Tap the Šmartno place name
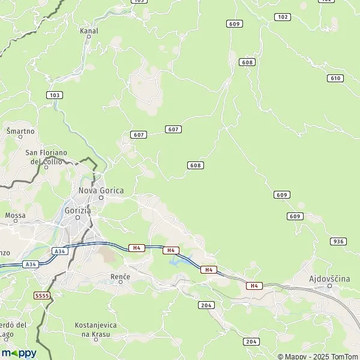tap(20, 131)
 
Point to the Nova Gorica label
tap(101, 190)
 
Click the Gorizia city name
tap(77, 211)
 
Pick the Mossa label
tap(15, 215)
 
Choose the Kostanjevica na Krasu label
tap(96, 329)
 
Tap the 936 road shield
tap(338, 241)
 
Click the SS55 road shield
tap(42, 296)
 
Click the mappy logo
tap(19, 353)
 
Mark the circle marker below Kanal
tap(88, 37)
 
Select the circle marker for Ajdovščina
tap(329, 286)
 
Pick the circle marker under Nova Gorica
tap(101, 198)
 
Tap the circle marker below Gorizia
tap(77, 218)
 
